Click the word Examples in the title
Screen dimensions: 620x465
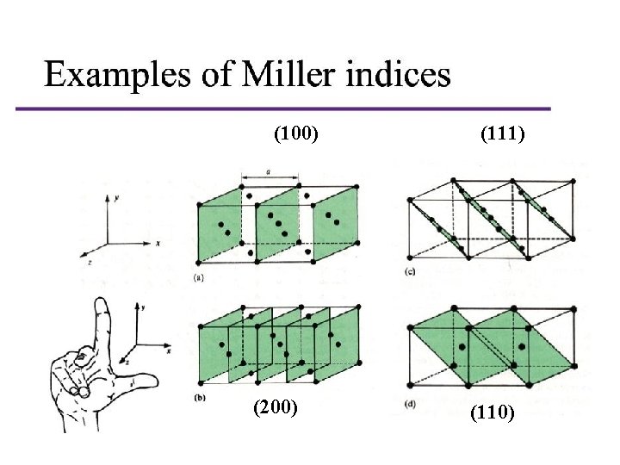pos(117,76)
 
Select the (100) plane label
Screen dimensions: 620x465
pos(295,133)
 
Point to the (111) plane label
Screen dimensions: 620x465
pos(503,133)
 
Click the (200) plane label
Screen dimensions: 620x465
pos(276,407)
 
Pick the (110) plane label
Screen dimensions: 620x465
pos(493,413)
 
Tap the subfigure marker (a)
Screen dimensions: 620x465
pos(199,278)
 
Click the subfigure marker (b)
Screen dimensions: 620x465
pos(200,398)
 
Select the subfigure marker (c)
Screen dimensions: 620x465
pos(410,271)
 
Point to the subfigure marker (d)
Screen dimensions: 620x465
pos(410,405)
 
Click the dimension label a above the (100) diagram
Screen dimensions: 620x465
pos(269,172)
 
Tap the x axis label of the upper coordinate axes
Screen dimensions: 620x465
pos(158,244)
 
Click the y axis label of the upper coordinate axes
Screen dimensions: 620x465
pos(116,198)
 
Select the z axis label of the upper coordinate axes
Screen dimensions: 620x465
pos(90,262)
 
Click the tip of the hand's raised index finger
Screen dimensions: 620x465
pos(102,299)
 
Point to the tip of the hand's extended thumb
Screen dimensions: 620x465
pos(157,381)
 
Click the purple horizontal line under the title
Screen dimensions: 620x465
pos(283,108)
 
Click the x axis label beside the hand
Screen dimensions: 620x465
pos(170,350)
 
